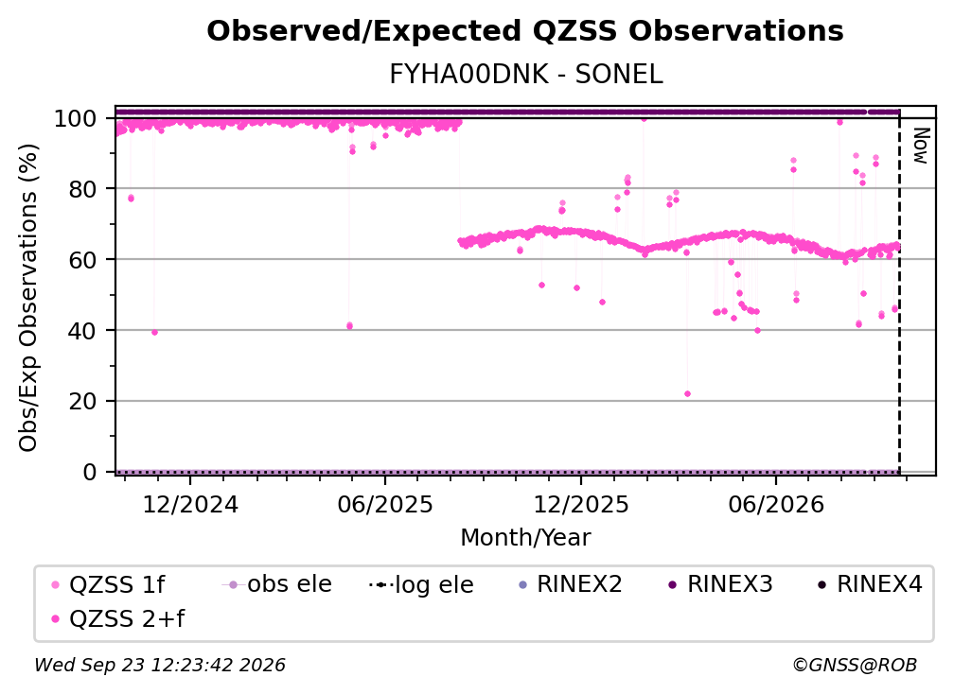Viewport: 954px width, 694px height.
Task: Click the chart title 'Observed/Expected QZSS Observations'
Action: pos(525,31)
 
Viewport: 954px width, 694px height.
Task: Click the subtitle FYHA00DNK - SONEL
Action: pos(525,75)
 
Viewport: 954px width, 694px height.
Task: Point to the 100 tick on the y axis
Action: pos(76,118)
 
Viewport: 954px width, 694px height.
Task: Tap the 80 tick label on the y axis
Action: pos(82,189)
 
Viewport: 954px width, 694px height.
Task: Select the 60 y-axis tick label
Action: pos(82,260)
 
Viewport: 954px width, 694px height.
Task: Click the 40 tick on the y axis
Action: pos(82,331)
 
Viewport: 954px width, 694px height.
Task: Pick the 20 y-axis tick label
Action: pos(82,402)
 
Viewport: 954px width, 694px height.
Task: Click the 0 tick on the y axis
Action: pos(90,472)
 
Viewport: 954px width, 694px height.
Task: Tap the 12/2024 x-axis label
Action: pos(190,504)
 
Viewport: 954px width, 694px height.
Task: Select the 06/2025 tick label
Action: pos(385,504)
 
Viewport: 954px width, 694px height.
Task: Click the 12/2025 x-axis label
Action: pos(581,504)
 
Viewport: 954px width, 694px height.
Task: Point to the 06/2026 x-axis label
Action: pos(776,504)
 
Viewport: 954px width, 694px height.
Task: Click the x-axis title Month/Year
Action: pos(525,537)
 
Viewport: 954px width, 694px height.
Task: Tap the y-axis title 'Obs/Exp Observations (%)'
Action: pos(28,298)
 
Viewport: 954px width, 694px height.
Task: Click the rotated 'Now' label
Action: pos(922,146)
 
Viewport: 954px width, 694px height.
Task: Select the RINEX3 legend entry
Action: pos(721,584)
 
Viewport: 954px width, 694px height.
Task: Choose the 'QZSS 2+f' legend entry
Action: pos(118,618)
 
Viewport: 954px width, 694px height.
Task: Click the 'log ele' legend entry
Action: pos(422,584)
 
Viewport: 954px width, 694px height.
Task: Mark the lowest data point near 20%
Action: pos(687,393)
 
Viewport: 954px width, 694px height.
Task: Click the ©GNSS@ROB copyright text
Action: pos(855,665)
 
